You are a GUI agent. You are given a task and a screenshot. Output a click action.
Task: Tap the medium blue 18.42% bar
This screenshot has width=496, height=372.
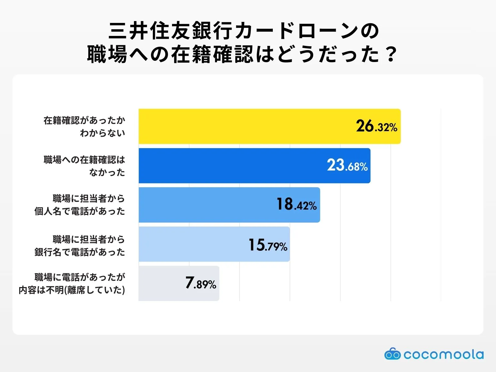click(x=205, y=205)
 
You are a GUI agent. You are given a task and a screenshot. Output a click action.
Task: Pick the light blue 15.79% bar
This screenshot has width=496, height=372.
click(x=192, y=244)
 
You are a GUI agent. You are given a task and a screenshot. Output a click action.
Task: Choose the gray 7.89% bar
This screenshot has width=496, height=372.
click(x=161, y=283)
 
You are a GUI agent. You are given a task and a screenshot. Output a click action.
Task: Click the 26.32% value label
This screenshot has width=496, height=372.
click(x=376, y=126)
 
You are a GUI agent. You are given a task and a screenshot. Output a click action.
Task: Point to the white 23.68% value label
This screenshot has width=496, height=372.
click(x=347, y=166)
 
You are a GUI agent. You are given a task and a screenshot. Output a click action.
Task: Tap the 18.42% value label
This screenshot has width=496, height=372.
click(x=296, y=205)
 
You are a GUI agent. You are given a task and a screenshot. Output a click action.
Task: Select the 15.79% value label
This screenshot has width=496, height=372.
click(x=268, y=245)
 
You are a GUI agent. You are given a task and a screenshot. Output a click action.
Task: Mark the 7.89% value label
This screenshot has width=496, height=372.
click(x=201, y=283)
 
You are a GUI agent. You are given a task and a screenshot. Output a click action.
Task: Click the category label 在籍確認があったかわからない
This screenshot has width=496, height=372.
click(x=84, y=126)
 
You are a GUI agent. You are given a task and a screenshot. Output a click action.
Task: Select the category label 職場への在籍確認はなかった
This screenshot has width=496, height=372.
click(x=84, y=166)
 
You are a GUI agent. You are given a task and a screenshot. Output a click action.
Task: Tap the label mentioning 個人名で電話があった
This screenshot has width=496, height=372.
click(x=80, y=205)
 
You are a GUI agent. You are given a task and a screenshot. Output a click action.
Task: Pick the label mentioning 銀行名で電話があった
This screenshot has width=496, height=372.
click(x=80, y=246)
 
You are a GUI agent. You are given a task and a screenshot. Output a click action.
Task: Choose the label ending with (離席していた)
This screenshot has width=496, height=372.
click(x=72, y=283)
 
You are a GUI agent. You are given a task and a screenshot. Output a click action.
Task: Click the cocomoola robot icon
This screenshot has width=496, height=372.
click(x=392, y=354)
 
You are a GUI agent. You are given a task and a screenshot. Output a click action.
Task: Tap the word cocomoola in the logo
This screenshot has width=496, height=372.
click(x=443, y=354)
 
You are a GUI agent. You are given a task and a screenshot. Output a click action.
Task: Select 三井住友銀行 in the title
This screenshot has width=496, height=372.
click(x=170, y=31)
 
